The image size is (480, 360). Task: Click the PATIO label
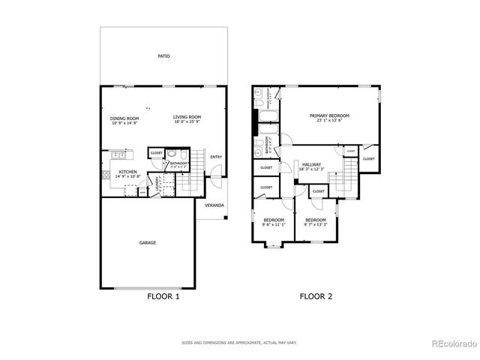tap(163, 56)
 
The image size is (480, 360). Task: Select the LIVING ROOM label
tap(187, 117)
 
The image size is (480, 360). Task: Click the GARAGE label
tap(148, 242)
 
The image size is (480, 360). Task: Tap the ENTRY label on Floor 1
tap(216, 157)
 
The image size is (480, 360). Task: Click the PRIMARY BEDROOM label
tap(330, 115)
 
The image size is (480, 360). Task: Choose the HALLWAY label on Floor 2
tap(311, 164)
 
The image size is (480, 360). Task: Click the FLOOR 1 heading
tap(163, 296)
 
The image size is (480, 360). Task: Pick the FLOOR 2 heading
tap(316, 296)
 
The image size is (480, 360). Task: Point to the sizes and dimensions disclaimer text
tap(239, 343)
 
